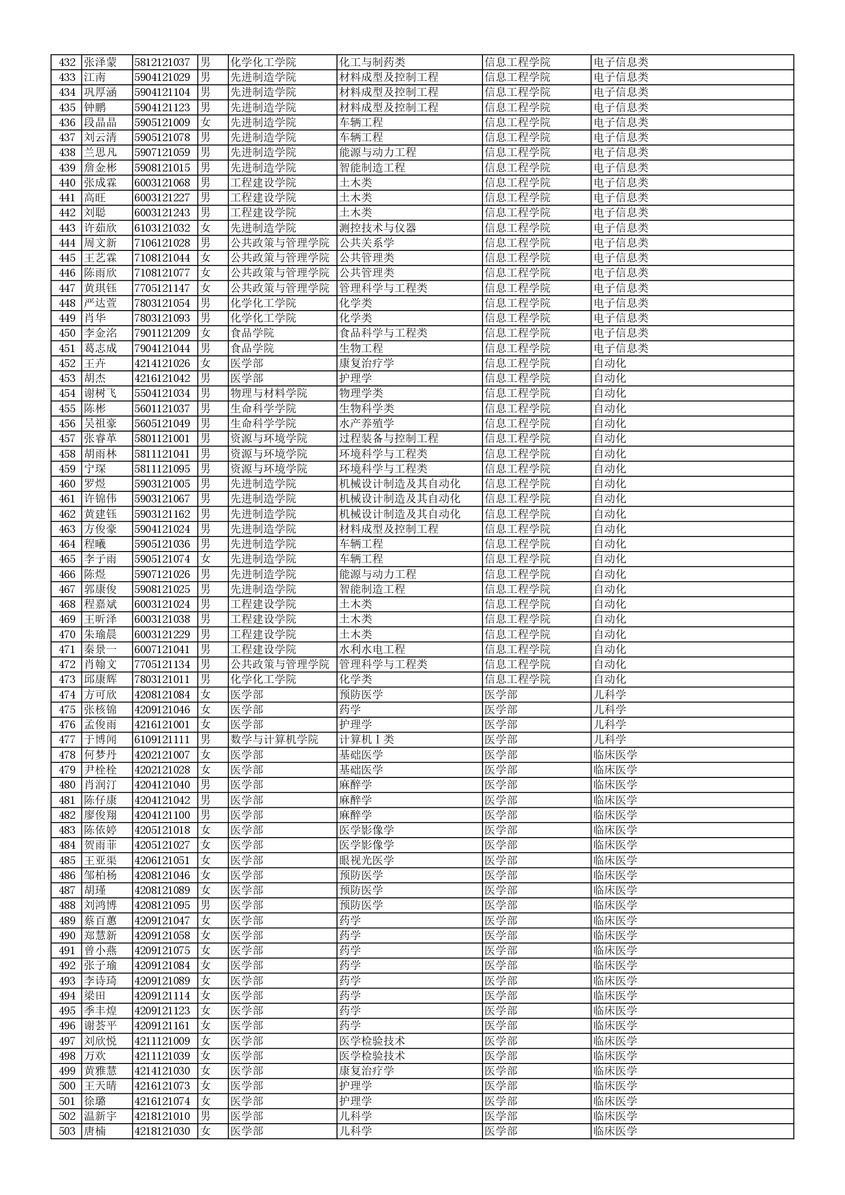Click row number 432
pyautogui.click(x=67, y=63)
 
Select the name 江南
pyautogui.click(x=95, y=78)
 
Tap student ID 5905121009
pyautogui.click(x=162, y=123)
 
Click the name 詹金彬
pyautogui.click(x=101, y=168)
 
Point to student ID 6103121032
pyautogui.click(x=162, y=228)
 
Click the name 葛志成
pyautogui.click(x=101, y=348)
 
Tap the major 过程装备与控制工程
pyautogui.click(x=389, y=439)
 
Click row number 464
pyautogui.click(x=67, y=544)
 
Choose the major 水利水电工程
pyautogui.click(x=372, y=650)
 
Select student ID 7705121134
pyautogui.click(x=162, y=665)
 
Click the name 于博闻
pyautogui.click(x=101, y=739)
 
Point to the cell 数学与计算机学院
pyautogui.click(x=274, y=739)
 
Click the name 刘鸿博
pyautogui.click(x=101, y=906)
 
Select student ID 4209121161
pyautogui.click(x=162, y=1026)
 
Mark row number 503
pyautogui.click(x=67, y=1131)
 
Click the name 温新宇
pyautogui.click(x=101, y=1116)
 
